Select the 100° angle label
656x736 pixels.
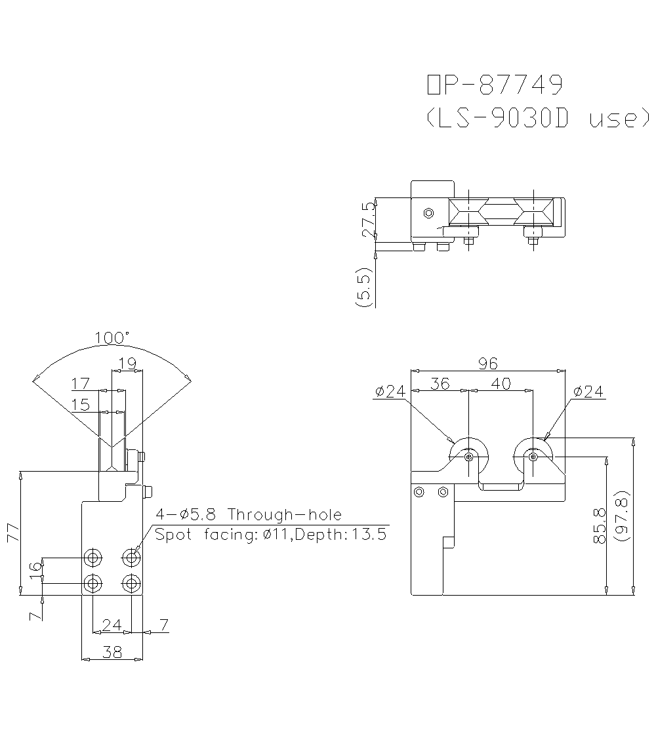click(x=112, y=338)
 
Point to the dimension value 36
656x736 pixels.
click(x=440, y=384)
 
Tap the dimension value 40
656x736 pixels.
click(x=501, y=384)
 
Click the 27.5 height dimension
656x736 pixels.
click(x=369, y=218)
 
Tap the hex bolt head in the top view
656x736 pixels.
click(x=428, y=213)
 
